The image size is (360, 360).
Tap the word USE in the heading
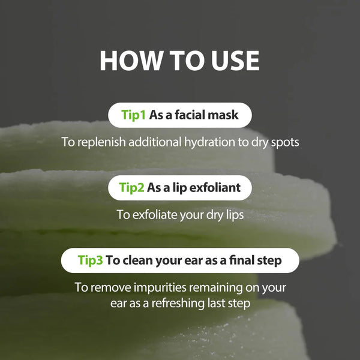point(230,61)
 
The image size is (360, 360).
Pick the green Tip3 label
point(91,260)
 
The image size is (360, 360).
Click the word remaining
point(217,287)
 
